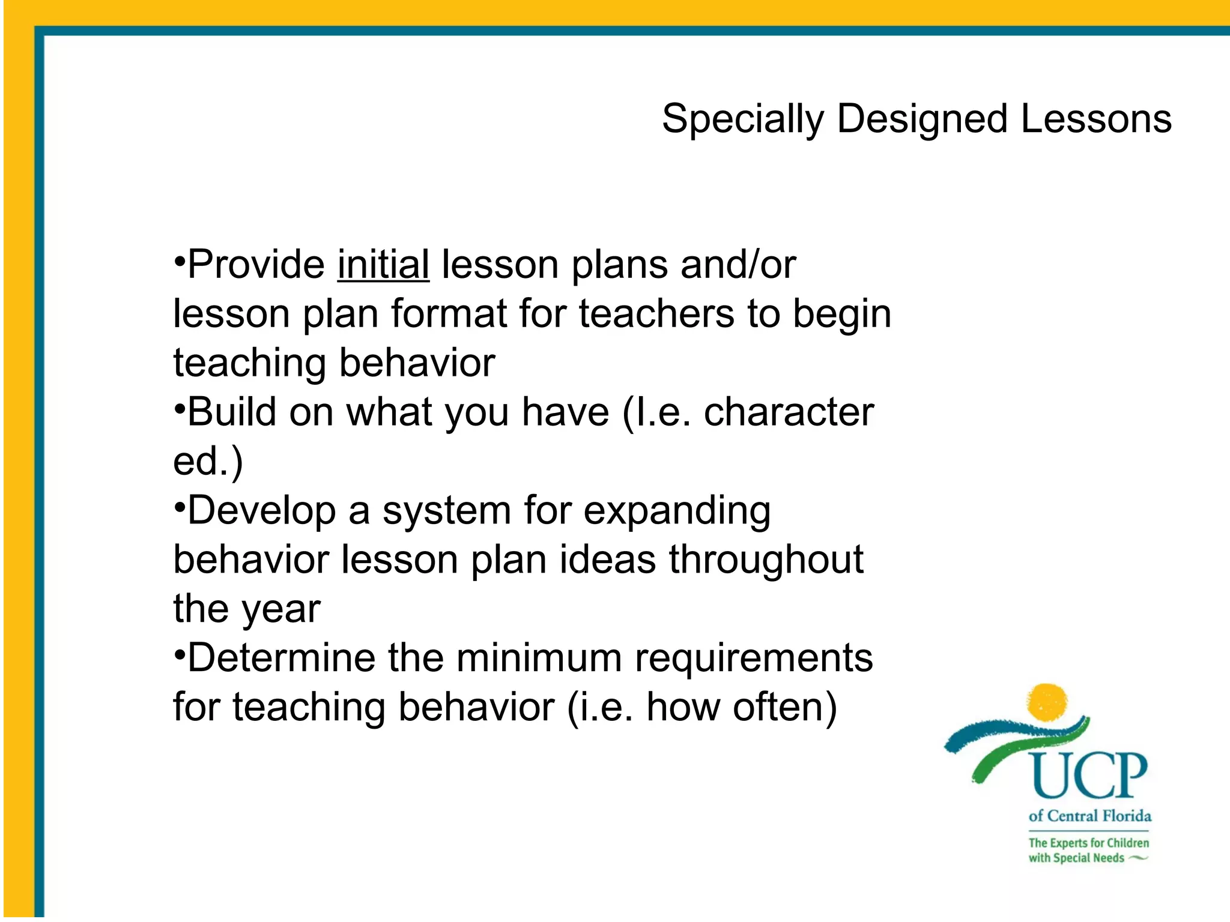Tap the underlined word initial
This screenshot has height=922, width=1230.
[383, 265]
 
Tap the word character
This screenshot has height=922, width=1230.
[789, 412]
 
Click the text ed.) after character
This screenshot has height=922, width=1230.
[208, 462]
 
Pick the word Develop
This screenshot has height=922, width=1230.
[262, 511]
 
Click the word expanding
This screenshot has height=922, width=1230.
[677, 511]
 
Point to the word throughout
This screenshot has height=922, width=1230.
[766, 560]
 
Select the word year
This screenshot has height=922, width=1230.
[281, 610]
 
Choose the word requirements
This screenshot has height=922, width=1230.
[754, 658]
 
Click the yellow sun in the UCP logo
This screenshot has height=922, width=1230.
[1047, 701]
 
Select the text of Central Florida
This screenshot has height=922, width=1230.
[1089, 816]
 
